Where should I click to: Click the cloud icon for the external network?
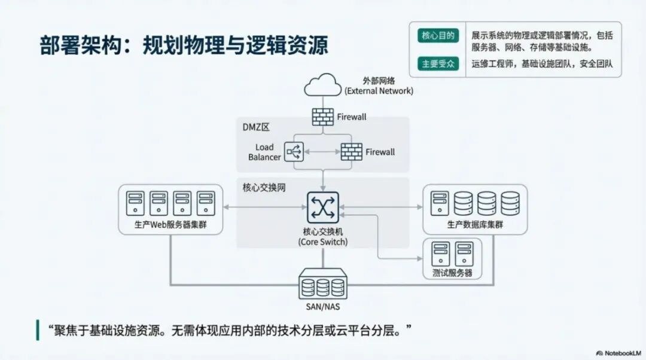(x=322, y=85)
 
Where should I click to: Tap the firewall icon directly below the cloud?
(x=323, y=117)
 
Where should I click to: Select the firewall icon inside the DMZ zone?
(x=351, y=151)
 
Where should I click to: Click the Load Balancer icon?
(x=294, y=151)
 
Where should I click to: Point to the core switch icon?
(x=323, y=207)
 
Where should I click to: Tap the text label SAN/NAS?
(x=323, y=306)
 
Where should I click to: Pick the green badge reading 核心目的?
(x=438, y=36)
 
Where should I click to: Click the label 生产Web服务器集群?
(x=170, y=225)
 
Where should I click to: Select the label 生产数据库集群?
(x=475, y=225)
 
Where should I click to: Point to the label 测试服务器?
(x=452, y=273)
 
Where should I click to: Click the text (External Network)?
(x=379, y=91)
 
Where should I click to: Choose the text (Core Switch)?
(x=323, y=242)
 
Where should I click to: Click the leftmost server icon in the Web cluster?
(x=135, y=203)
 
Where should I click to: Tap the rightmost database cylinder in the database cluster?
(x=510, y=203)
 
